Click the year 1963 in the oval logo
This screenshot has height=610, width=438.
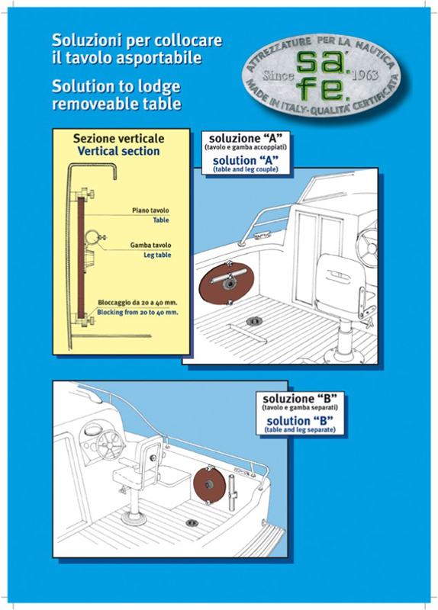coord(365,75)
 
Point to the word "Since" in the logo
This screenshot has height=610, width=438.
coord(279,75)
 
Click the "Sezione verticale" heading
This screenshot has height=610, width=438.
coord(119,139)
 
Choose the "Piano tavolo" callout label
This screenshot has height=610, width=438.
coord(150,210)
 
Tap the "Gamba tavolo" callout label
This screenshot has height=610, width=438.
coord(150,245)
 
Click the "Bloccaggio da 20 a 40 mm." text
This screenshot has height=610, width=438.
coord(137,302)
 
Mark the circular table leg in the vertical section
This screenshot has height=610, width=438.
coord(92,237)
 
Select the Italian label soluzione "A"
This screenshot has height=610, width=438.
coord(246,138)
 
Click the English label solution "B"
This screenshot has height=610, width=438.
coord(300,421)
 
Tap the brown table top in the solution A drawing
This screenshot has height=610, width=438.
coord(227,283)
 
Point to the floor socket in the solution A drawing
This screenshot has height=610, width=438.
coord(255,321)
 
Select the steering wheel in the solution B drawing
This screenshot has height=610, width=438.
coord(110,445)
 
